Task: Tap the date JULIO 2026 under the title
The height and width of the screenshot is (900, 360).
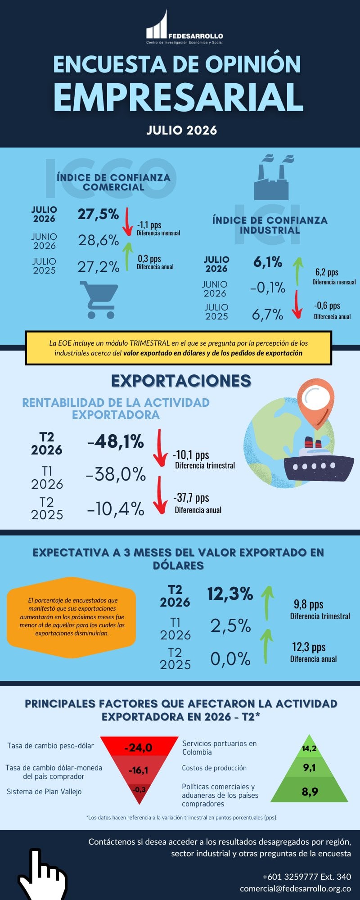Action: pos(182,130)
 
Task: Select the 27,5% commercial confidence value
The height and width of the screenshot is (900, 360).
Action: pos(98,214)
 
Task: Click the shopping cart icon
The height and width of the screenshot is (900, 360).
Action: pos(99,300)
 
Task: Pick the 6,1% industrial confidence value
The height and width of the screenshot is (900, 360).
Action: pos(268,262)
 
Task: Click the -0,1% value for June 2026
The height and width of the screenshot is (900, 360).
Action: pos(268,288)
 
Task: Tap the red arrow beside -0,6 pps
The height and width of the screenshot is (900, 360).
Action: pos(297,305)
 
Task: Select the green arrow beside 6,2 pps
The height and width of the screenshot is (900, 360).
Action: pos(297,271)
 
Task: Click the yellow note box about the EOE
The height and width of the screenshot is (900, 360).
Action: pos(179,348)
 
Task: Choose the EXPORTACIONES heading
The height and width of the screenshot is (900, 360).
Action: pos(181,381)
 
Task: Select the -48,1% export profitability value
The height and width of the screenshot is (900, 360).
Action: pos(116,442)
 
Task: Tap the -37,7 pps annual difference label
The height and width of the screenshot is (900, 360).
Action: pos(191,498)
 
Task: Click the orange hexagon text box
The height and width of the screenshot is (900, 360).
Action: pos(71,616)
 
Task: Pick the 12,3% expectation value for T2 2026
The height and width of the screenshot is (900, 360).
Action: pos(230,594)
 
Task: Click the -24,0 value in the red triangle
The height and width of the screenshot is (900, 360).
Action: pos(138,748)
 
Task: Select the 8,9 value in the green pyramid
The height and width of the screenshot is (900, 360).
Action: pos(310,792)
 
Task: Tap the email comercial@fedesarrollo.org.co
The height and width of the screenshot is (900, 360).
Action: pos(296,889)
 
